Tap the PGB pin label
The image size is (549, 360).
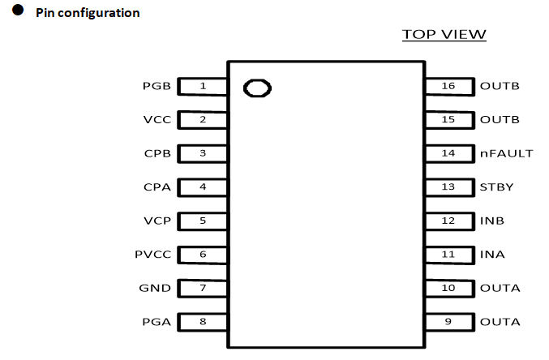156,86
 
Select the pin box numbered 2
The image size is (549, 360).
203,120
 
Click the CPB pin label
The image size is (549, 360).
157,153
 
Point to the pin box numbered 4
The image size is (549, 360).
203,187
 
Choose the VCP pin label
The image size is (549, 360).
157,221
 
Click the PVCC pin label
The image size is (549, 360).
152,255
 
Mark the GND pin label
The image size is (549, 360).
156,289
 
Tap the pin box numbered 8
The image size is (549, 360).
203,322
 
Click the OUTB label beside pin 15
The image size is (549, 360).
500,120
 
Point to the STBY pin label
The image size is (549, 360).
497,187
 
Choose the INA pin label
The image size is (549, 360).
492,255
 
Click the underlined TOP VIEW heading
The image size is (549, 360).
444,35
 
